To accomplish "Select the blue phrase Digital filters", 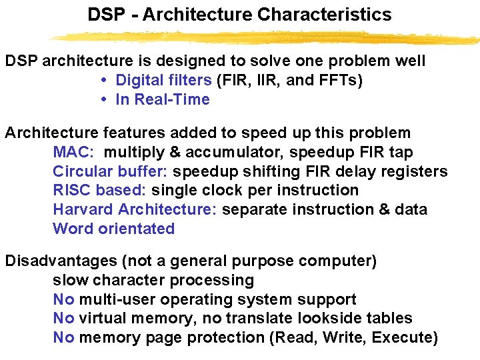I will [163, 81].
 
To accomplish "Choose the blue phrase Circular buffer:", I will [110, 171].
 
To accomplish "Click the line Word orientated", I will [113, 229].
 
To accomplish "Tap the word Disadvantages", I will [59, 261].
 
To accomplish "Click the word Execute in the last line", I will [401, 338].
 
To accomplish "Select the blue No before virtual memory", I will [63, 319].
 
